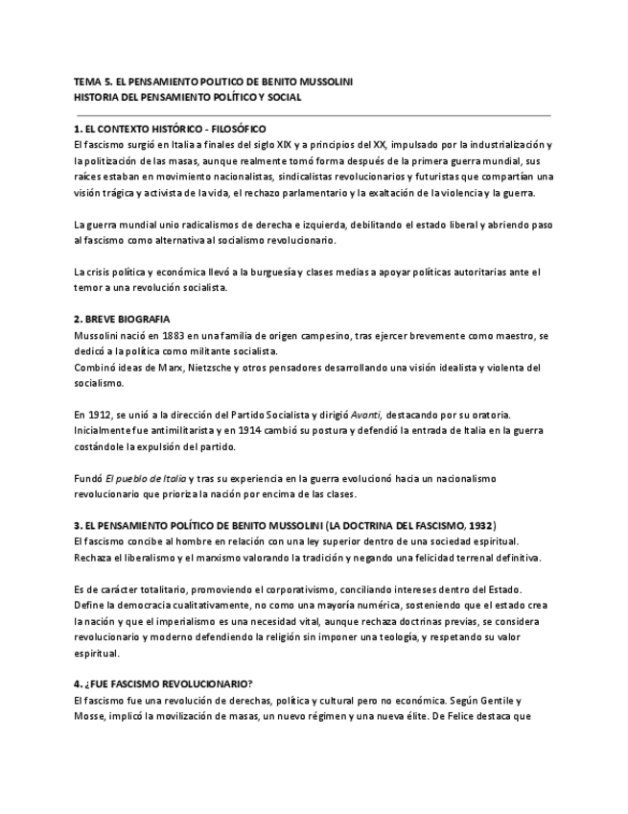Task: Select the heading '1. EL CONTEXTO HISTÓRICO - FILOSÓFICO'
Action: [x=170, y=128]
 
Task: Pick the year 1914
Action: [x=261, y=430]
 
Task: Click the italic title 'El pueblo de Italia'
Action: [x=145, y=478]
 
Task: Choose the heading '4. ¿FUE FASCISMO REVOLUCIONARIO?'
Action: [x=163, y=684]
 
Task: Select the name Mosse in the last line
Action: [x=91, y=716]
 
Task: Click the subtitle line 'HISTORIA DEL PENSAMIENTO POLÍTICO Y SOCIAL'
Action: [x=187, y=97]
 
